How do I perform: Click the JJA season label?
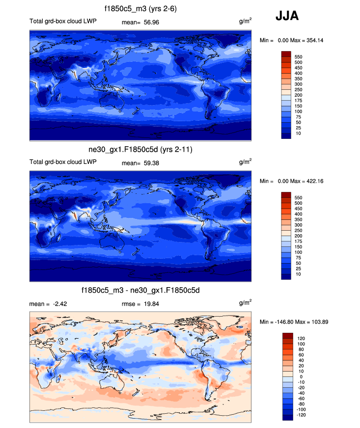point(287,16)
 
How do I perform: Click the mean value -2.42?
point(58,304)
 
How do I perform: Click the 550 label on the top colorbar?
point(298,57)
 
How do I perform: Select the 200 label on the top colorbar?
point(298,95)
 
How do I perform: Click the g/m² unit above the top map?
point(246,22)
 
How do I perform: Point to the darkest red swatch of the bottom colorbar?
point(287,336)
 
